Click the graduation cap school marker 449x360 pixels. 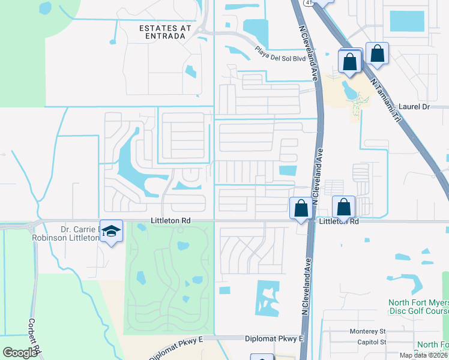pyautogui.click(x=111, y=231)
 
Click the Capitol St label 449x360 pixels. pyautogui.click(x=372, y=342)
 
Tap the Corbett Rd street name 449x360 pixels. pyautogui.click(x=34, y=335)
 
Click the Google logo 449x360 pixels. pyautogui.click(x=20, y=353)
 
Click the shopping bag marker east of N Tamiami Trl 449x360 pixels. pyautogui.click(x=377, y=53)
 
